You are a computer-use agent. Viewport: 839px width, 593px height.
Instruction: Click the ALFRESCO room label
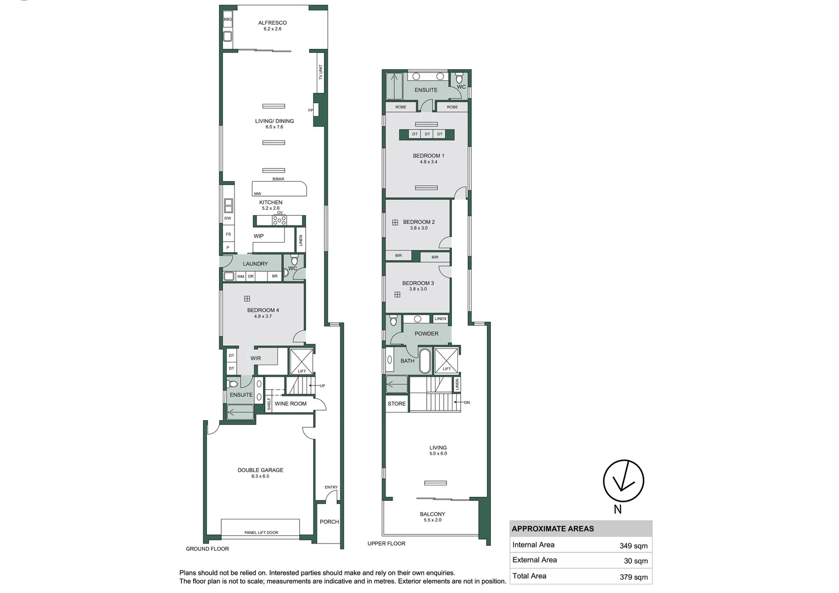[272, 23]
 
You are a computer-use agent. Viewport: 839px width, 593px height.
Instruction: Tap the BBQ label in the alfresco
[227, 19]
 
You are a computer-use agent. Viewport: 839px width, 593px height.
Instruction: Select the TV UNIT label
[321, 72]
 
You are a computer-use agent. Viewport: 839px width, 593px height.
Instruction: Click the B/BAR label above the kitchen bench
[278, 179]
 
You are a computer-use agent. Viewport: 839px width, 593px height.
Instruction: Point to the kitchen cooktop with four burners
[279, 220]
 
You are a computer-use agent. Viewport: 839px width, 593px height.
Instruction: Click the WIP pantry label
[259, 236]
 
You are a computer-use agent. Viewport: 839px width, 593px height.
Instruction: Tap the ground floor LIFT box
[301, 361]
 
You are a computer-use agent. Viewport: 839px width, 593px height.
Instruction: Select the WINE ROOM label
[290, 404]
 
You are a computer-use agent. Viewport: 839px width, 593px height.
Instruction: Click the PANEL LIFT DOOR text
[261, 532]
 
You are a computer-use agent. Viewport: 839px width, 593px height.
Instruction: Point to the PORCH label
[329, 522]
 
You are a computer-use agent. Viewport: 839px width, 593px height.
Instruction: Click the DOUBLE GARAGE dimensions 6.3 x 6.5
[260, 477]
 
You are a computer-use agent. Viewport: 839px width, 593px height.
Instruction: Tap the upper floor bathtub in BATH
[424, 361]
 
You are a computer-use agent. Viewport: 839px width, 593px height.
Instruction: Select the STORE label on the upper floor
[396, 404]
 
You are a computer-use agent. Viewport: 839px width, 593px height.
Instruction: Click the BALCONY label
[433, 514]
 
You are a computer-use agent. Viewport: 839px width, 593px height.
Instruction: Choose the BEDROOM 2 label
[419, 222]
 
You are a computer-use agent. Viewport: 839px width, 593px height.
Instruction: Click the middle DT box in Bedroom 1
[427, 134]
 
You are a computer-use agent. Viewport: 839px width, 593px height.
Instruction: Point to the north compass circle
[623, 460]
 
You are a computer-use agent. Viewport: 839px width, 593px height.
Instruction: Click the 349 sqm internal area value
[634, 546]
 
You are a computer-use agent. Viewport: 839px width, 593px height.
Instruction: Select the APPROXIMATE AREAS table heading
[553, 529]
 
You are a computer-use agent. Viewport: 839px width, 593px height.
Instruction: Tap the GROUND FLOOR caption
[207, 549]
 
